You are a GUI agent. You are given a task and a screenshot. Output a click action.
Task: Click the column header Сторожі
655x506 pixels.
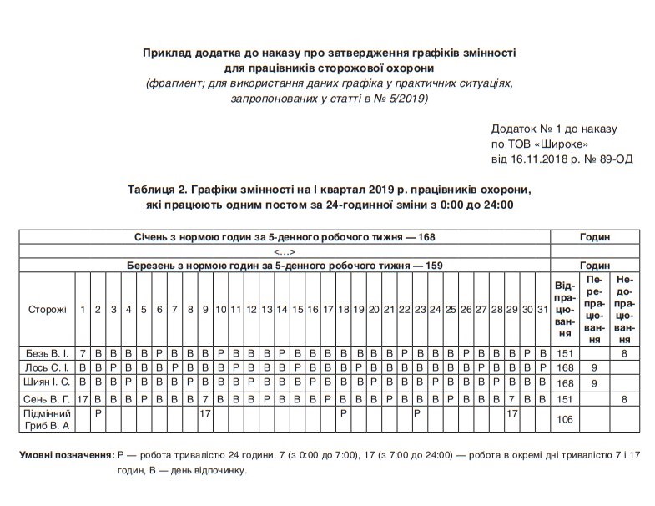47,310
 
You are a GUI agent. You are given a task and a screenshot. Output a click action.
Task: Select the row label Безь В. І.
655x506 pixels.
47,352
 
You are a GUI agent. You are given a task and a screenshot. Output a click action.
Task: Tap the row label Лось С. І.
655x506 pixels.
47,367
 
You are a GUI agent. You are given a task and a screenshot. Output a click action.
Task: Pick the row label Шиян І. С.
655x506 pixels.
47,382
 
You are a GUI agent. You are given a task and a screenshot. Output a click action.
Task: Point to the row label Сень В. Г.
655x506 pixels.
47,398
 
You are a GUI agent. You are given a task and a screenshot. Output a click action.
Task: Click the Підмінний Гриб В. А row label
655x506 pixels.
47,419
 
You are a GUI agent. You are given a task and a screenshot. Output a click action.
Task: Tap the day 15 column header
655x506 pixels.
297,310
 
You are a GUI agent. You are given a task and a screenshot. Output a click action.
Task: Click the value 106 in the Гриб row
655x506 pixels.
565,419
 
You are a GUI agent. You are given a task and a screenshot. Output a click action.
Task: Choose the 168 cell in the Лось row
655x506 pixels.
565,367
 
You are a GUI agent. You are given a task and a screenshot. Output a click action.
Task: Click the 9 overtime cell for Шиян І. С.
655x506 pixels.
594,382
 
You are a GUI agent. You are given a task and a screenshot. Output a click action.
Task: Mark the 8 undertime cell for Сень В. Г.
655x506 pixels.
624,398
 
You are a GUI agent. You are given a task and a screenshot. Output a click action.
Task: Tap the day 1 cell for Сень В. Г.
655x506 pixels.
83,398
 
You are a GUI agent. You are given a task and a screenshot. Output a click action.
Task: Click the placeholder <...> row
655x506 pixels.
285,251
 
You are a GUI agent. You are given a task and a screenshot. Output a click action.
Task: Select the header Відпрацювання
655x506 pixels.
565,309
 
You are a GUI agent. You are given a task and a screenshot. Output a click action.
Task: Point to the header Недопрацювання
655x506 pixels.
624,309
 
